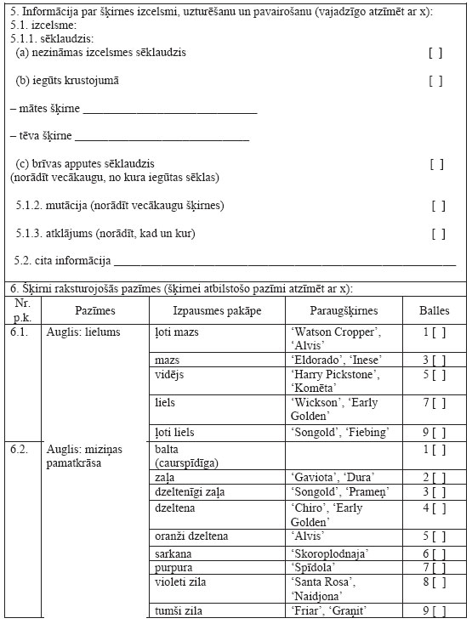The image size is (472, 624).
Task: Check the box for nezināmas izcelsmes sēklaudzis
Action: click(x=435, y=53)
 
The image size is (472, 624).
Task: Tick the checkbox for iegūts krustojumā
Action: click(x=435, y=82)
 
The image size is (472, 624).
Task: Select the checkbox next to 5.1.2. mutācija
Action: click(x=438, y=206)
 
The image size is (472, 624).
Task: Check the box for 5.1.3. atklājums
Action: click(x=438, y=234)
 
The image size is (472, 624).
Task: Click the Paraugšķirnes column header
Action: click(x=344, y=311)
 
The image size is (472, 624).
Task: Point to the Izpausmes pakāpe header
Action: click(x=217, y=311)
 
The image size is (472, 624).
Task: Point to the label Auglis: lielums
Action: click(x=83, y=332)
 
